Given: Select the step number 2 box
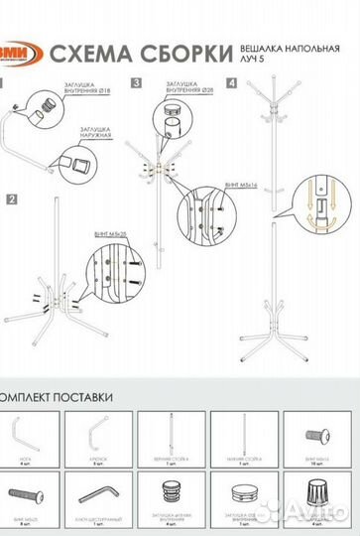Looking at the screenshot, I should [12, 200].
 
